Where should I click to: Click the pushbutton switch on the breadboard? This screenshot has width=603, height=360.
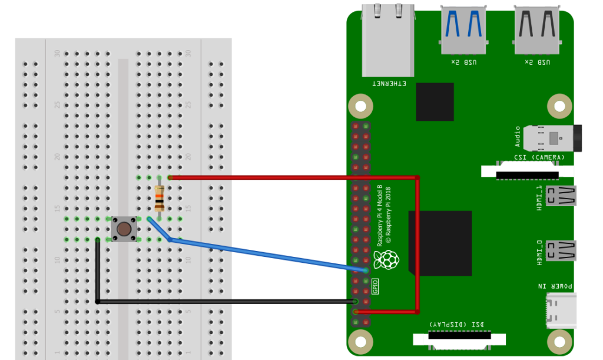pos(124,229)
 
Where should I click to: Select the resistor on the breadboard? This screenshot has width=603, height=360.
pos(160,198)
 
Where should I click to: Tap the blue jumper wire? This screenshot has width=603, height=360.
pos(265,255)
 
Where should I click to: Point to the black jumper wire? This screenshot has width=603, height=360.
pos(224,302)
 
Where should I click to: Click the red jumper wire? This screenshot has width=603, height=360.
pos(294,177)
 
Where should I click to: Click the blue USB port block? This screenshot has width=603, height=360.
pos(463,29)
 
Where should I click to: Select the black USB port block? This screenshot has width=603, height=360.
pos(536,29)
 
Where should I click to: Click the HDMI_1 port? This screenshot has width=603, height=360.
pos(561,196)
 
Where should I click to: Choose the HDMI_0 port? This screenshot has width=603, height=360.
pos(561,250)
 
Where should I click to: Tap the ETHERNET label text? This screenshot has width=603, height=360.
pos(389,84)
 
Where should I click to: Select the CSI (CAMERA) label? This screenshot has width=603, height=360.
pos(539,157)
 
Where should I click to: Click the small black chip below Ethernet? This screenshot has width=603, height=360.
pos(435,101)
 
